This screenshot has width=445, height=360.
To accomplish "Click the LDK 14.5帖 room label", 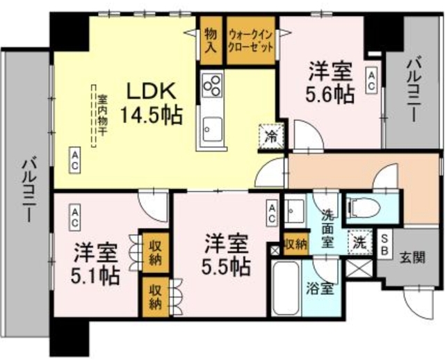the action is [x=151, y=104].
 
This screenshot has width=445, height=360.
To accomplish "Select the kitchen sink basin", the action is [x=213, y=129].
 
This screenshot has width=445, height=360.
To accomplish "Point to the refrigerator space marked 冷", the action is [x=272, y=136].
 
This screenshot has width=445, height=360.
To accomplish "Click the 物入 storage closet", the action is [x=211, y=40].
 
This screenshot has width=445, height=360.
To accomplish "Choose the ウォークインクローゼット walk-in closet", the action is [x=251, y=40].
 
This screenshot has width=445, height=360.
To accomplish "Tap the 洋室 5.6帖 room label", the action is [x=330, y=82].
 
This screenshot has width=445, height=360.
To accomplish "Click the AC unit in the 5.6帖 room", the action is [x=371, y=80].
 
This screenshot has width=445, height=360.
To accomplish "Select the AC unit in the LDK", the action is [x=74, y=161].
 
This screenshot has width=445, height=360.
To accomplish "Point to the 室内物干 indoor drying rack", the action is [x=97, y=116].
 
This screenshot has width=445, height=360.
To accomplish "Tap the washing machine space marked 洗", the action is [x=360, y=242].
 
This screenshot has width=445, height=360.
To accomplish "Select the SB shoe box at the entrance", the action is [x=385, y=244].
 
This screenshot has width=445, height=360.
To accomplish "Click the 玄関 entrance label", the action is [x=412, y=258].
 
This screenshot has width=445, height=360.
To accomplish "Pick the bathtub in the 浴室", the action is [x=286, y=288].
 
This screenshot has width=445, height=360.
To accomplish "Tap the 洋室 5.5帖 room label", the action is [x=226, y=254].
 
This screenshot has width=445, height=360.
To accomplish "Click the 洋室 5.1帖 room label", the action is [x=95, y=263].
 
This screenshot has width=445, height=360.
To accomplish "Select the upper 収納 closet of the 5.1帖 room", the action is [x=156, y=253].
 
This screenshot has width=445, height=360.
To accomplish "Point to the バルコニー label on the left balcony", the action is [x=28, y=190].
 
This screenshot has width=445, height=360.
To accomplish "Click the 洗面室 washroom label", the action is [x=327, y=229].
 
